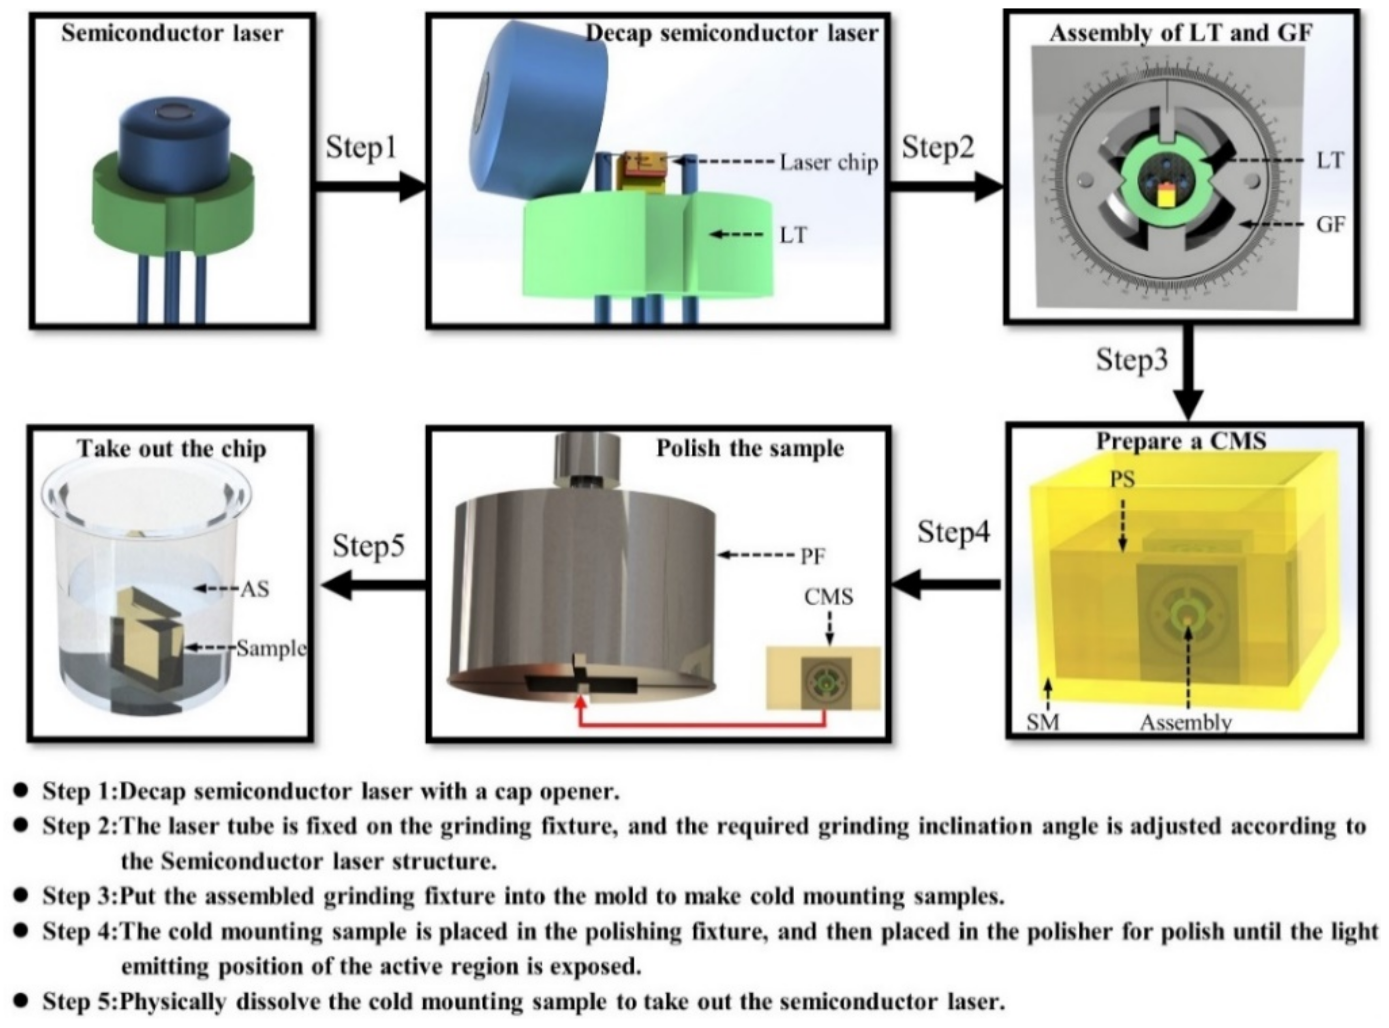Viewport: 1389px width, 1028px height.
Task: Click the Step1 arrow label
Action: [361, 148]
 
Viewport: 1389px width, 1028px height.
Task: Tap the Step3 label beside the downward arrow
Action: [1131, 360]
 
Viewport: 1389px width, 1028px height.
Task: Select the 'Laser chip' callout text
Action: [829, 163]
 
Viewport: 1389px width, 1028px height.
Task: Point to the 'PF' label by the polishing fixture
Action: [812, 556]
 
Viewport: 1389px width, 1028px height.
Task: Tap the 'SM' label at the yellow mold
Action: [1042, 723]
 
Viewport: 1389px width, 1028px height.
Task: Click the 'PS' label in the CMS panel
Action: [1121, 479]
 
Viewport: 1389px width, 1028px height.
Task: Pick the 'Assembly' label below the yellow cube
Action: [1186, 723]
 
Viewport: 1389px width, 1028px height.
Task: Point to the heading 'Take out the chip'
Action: [172, 449]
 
